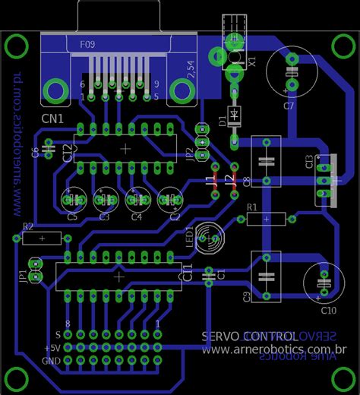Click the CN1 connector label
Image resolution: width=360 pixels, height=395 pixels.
point(53,119)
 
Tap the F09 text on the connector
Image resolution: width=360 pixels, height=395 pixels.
point(88,45)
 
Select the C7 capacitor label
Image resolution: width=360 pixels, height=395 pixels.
point(289,106)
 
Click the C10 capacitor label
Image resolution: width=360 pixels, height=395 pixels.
point(328,310)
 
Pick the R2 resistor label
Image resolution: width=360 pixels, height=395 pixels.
point(28,226)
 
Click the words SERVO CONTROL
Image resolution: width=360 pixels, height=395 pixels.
point(249,335)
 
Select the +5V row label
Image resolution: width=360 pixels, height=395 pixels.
point(52,347)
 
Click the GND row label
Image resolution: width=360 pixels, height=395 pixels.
point(52,360)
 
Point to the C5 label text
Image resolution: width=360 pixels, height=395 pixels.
point(72,217)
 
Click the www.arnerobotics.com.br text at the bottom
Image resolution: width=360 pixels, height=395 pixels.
point(274,349)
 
